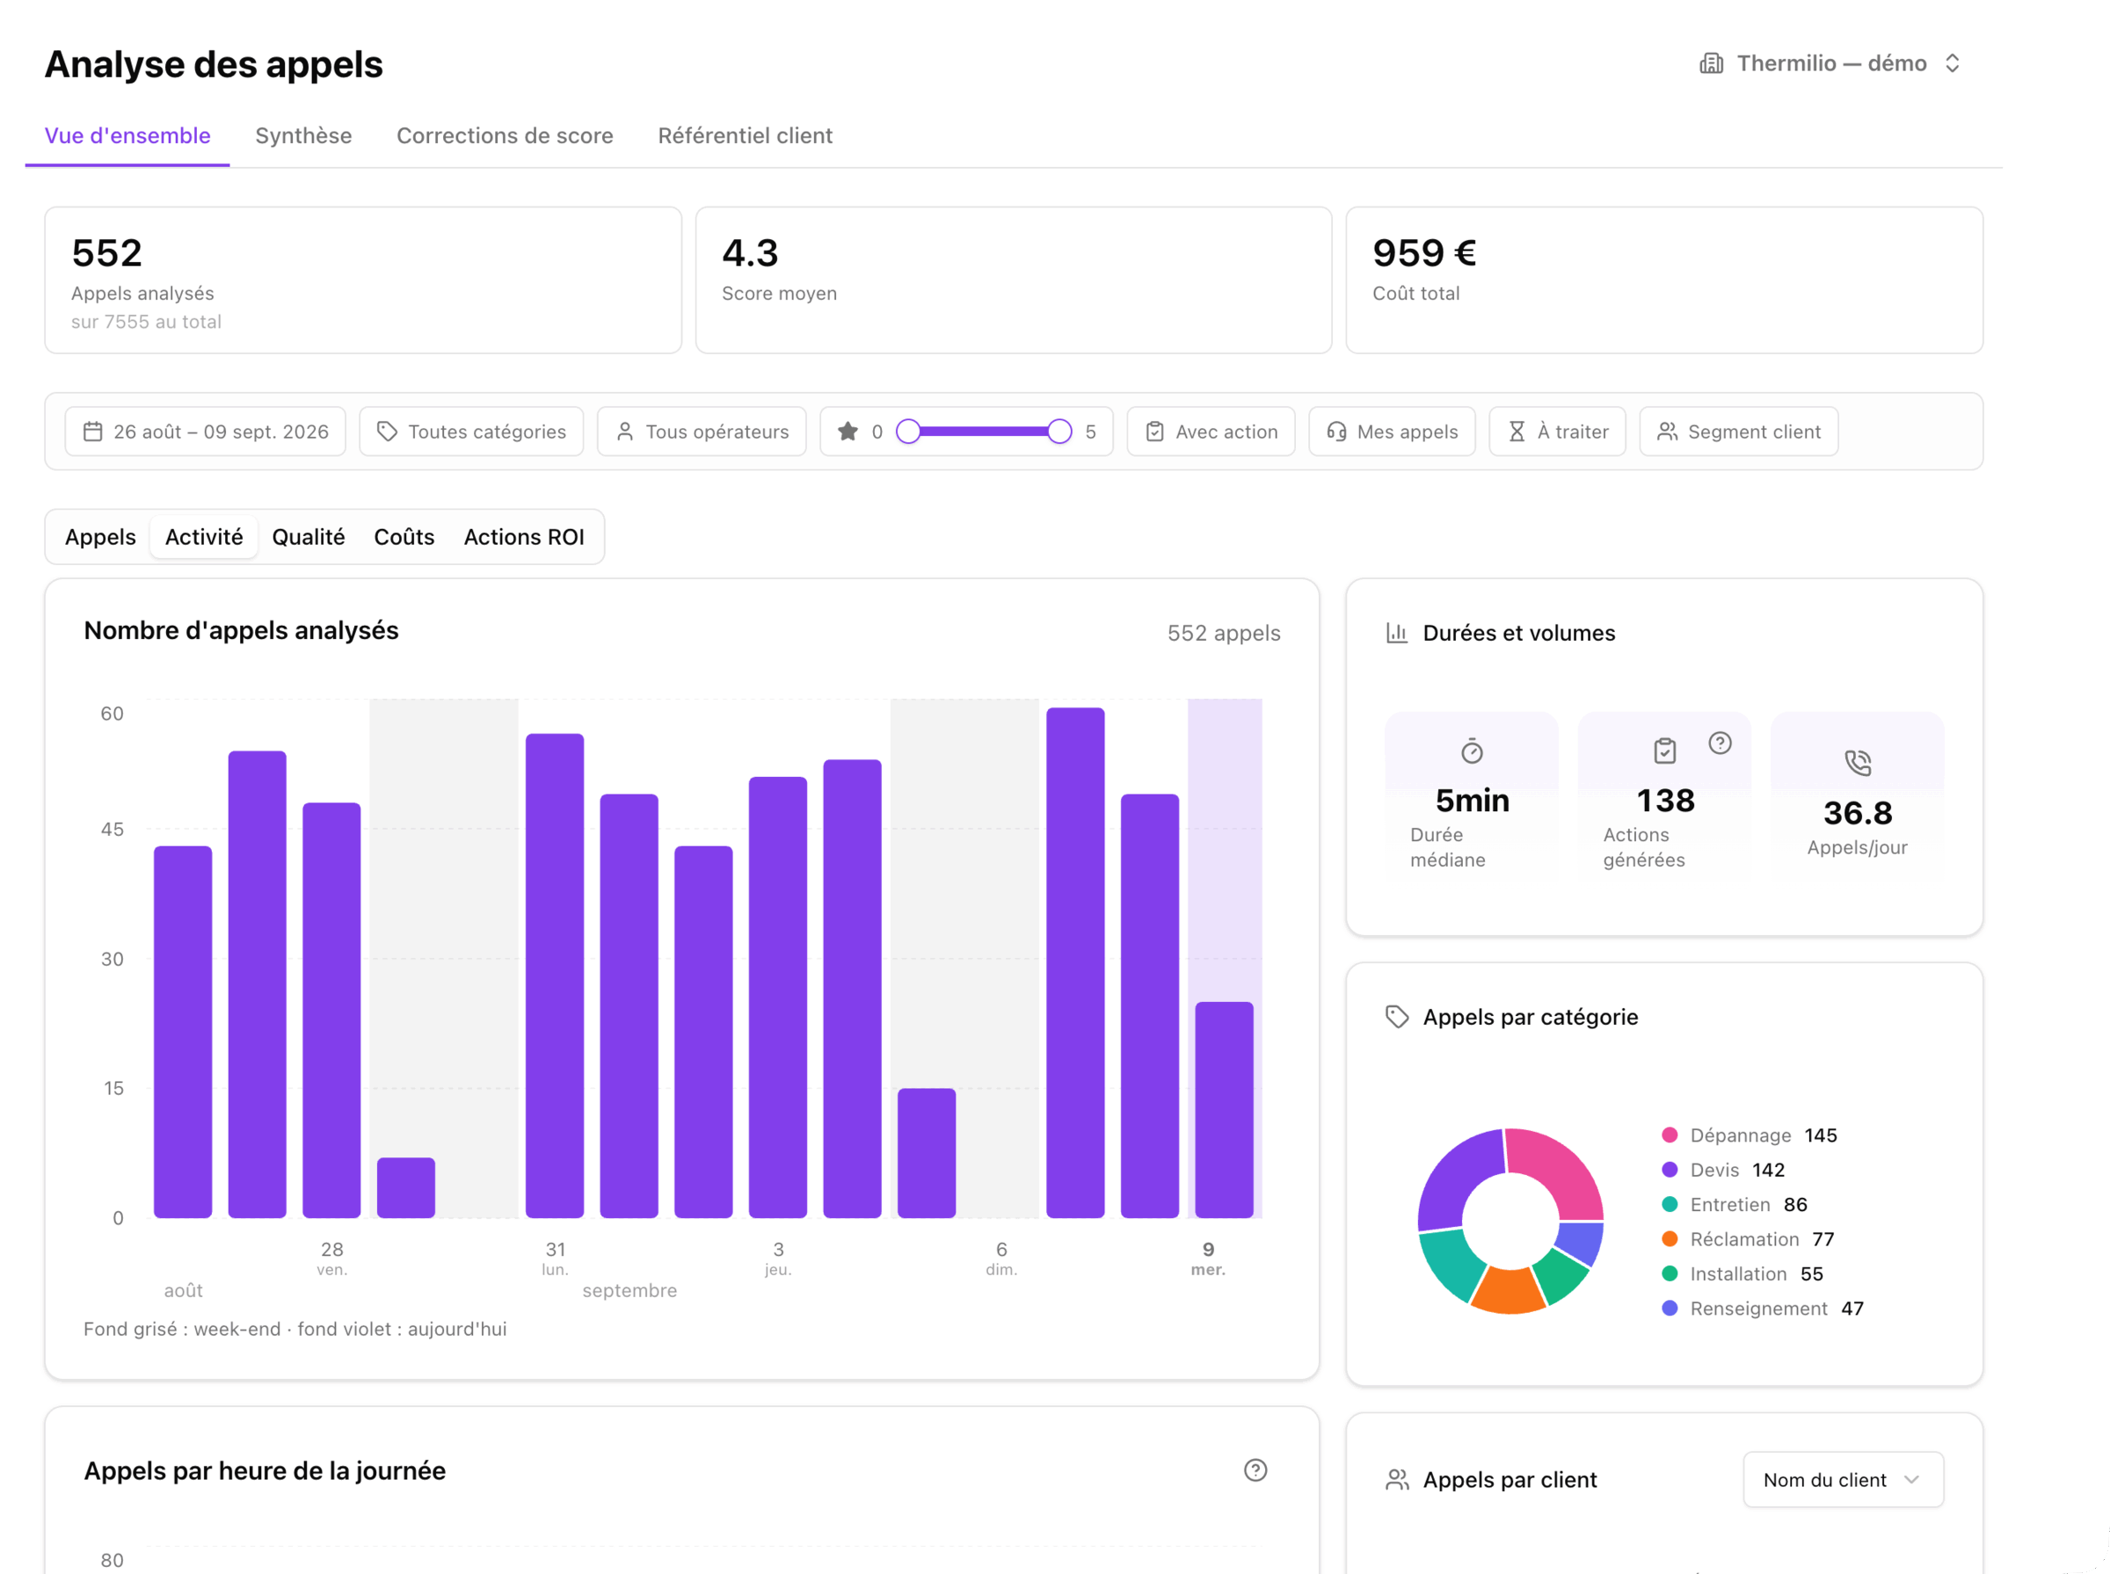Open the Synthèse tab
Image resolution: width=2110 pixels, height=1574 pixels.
[303, 135]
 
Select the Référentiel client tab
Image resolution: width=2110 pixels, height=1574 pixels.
[746, 135]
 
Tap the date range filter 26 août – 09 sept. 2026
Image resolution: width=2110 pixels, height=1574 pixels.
[206, 432]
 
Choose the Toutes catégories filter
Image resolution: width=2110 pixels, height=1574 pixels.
[472, 432]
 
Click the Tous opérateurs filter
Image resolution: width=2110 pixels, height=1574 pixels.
[702, 432]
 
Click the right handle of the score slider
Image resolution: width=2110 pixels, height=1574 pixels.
[1059, 432]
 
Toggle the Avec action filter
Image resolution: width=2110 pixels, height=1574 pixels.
[1211, 432]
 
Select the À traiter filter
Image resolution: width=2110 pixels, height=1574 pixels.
[1558, 432]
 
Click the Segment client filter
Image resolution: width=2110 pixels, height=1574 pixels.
[1739, 432]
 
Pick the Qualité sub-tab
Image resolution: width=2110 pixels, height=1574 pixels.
[309, 536]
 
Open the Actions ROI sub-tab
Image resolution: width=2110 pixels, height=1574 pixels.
[524, 536]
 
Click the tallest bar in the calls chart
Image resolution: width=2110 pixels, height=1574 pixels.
[1075, 962]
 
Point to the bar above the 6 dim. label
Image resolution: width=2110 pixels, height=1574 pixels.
[927, 1153]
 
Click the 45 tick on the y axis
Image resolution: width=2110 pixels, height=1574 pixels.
[113, 829]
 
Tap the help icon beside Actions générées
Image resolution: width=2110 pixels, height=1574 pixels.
[1721, 743]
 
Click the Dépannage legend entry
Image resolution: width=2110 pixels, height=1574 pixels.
[1750, 1135]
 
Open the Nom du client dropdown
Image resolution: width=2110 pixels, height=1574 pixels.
[1843, 1480]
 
